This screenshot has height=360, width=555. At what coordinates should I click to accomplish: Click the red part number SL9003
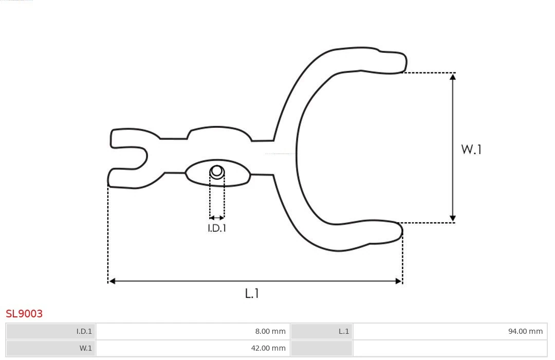[24, 313]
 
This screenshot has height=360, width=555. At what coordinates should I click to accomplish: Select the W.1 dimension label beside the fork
[471, 149]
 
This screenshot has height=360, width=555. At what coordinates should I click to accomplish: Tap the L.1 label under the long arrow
[252, 293]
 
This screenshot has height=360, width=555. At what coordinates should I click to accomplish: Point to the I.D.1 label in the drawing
[217, 228]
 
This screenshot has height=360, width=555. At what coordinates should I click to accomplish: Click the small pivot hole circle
[217, 171]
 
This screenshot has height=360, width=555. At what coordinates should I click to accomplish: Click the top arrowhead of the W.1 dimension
[453, 77]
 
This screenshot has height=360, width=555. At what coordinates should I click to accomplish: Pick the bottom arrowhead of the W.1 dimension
[453, 218]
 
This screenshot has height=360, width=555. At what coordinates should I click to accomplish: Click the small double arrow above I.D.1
[217, 218]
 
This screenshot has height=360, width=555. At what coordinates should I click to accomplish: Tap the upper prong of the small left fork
[123, 138]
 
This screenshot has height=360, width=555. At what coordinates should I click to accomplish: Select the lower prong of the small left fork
[121, 177]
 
